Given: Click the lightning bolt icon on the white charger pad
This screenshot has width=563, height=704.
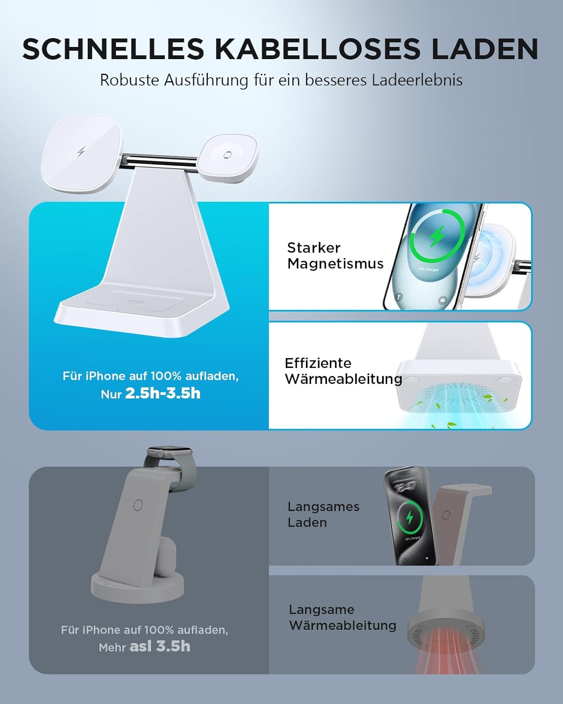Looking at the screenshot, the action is click(x=81, y=152).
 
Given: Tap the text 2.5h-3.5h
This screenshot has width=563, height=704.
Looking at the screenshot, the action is click(x=163, y=393).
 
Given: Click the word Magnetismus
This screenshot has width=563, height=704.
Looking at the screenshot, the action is click(x=335, y=264).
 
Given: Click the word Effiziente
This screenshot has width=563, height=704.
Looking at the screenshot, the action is click(x=318, y=363).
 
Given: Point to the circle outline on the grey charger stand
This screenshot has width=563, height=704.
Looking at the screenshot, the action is click(x=138, y=505).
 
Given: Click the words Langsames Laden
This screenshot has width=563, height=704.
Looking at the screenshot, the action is click(x=324, y=514).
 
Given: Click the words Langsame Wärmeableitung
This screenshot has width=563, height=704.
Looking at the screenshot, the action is click(x=342, y=618).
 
